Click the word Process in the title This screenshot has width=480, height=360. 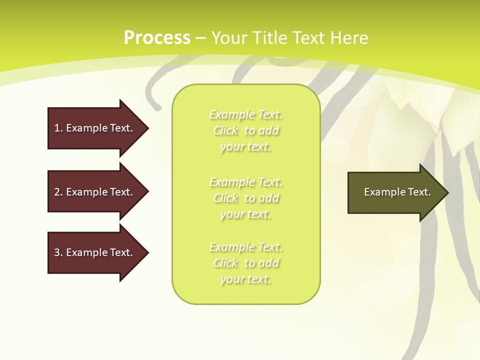click(x=157, y=38)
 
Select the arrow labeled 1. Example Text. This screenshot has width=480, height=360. click(x=95, y=128)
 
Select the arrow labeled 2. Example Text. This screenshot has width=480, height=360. click(x=95, y=192)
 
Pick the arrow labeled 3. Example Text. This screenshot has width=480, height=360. click(x=95, y=252)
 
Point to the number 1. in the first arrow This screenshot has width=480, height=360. click(x=58, y=128)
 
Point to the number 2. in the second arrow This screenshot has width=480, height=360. click(x=58, y=192)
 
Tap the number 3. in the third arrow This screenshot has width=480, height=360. click(x=58, y=252)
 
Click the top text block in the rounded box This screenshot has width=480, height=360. click(x=246, y=130)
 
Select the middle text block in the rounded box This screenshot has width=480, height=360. click(x=246, y=198)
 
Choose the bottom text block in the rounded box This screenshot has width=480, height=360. click(x=246, y=263)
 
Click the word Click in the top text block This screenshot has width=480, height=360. click(x=225, y=130)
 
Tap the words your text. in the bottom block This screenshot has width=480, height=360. click(x=246, y=279)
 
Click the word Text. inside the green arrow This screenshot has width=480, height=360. click(x=419, y=192)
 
